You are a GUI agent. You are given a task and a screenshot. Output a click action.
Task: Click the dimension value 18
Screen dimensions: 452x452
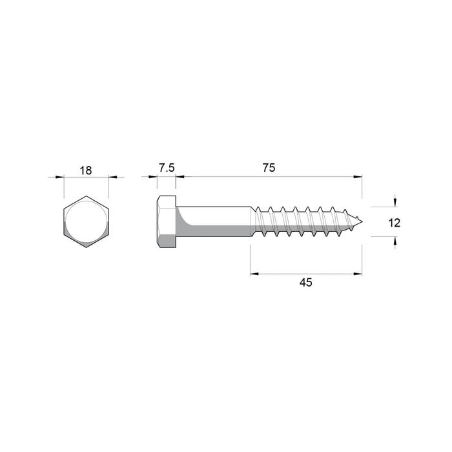(86, 170)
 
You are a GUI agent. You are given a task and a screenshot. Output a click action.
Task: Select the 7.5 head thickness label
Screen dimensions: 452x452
(166, 168)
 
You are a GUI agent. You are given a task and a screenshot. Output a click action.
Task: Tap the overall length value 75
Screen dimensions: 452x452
(269, 168)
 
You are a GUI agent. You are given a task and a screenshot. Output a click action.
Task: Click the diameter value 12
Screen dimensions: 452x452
(395, 223)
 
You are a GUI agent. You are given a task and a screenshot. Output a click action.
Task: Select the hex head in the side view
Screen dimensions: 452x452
(167, 222)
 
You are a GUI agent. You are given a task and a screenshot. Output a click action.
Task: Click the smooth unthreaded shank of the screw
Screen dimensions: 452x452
(213, 222)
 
